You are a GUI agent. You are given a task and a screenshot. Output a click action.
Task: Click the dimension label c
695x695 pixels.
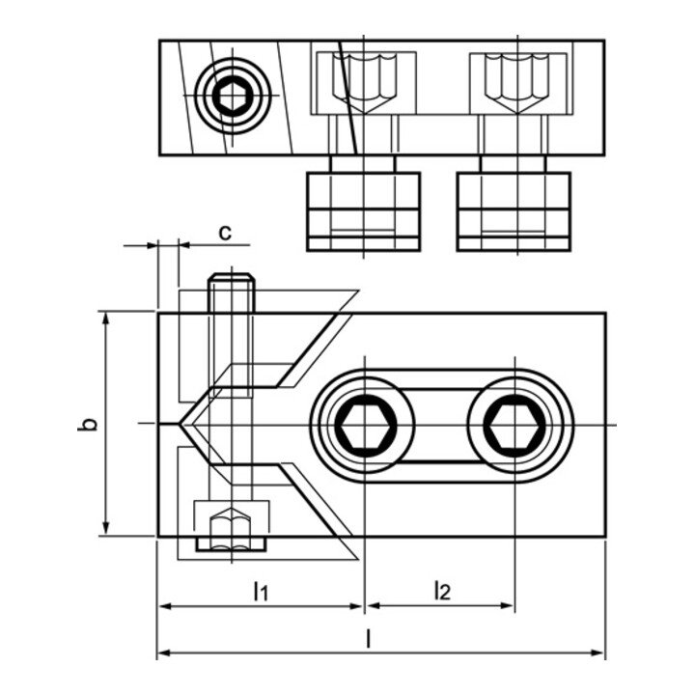tap(224, 232)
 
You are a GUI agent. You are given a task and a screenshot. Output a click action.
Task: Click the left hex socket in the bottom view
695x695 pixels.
tap(363, 424)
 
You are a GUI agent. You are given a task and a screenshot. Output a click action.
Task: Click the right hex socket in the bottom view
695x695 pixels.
tap(514, 424)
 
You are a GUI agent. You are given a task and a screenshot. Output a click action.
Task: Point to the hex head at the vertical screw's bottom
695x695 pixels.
tap(231, 529)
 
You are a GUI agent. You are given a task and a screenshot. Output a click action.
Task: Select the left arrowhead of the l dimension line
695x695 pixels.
tap(163, 653)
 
